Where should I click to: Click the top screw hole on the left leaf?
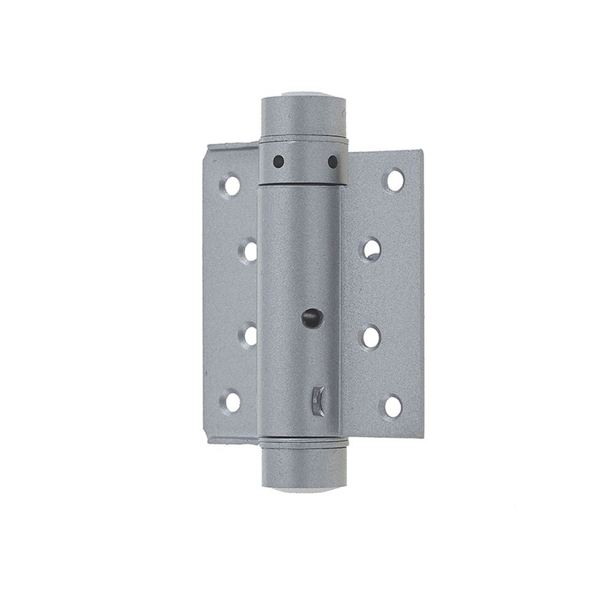point(232,185)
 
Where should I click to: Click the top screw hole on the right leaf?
point(395,179)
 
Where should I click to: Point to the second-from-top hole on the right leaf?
point(371,249)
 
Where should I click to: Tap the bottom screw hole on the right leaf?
point(393,406)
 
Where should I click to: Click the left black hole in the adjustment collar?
point(278,161)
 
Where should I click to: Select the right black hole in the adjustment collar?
point(333,162)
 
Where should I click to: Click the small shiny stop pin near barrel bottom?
point(317,400)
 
